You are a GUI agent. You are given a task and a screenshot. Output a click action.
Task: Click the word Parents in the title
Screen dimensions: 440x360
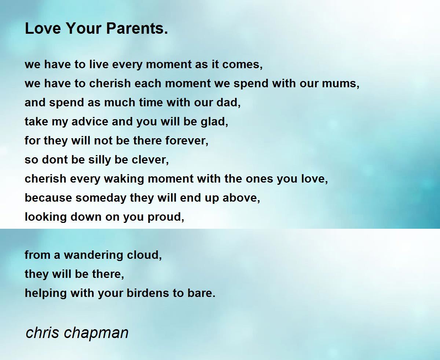click(x=137, y=28)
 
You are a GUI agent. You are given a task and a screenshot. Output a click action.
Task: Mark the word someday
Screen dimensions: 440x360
click(x=101, y=198)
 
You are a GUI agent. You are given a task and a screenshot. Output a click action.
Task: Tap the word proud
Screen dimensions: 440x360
click(x=166, y=217)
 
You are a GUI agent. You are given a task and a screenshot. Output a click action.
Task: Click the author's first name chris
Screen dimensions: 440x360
click(x=43, y=333)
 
